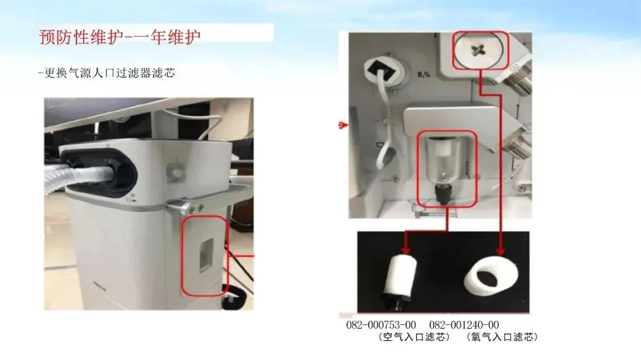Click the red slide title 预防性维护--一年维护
click(120, 37)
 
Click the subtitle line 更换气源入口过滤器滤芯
click(109, 73)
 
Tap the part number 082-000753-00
click(381, 325)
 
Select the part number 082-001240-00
click(464, 325)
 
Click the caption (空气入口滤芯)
click(414, 337)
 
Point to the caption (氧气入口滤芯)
click(502, 337)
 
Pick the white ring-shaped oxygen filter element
click(490, 276)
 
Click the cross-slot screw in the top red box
click(477, 50)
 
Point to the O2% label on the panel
click(424, 74)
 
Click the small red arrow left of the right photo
click(343, 125)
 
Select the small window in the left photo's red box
click(206, 255)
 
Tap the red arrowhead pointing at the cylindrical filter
click(405, 249)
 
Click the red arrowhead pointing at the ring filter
click(501, 250)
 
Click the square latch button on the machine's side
click(175, 171)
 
